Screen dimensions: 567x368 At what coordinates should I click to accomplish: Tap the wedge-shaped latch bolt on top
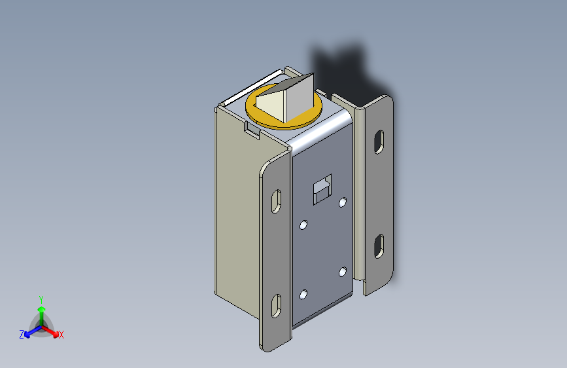pos(286,98)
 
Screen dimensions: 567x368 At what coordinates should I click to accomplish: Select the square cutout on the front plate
pos(322,189)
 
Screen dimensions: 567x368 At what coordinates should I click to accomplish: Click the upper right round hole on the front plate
pos(343,202)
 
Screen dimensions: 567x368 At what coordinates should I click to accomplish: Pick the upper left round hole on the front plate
pos(303,225)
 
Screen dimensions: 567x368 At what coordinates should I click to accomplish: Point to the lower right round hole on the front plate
pos(343,272)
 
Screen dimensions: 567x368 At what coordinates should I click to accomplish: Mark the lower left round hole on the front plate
pos(303,295)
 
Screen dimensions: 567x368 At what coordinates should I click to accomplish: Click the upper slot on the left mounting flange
pos(276,202)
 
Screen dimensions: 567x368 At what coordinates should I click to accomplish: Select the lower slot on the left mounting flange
pos(276,306)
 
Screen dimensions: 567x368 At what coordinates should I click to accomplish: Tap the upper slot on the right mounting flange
pos(379,142)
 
